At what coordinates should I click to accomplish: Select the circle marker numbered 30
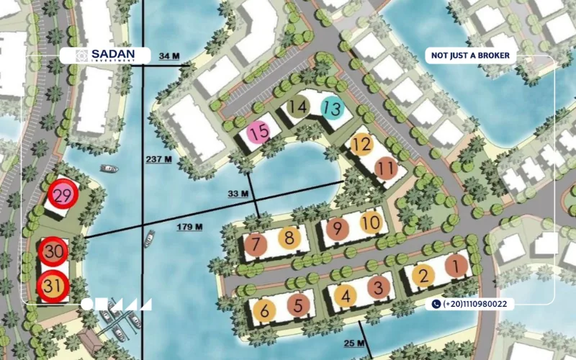point(53,252)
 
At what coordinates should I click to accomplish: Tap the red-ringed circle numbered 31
point(53,286)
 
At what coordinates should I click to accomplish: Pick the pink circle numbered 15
point(259,132)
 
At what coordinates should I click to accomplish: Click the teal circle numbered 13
point(332,109)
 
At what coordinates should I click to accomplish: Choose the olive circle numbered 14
point(298,108)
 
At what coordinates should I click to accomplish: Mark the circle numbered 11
point(387,168)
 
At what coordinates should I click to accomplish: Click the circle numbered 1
point(456,266)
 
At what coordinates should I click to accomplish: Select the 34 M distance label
point(168,55)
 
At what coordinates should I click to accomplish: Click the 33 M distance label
point(238,194)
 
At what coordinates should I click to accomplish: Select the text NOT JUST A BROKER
point(471,55)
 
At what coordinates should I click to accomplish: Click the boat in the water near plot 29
point(109,169)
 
